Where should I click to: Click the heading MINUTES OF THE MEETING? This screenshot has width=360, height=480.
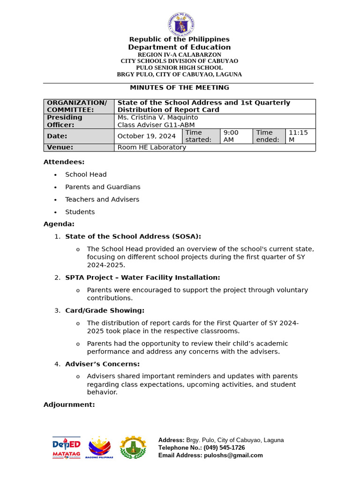180,88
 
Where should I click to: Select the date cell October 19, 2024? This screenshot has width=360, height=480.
147,136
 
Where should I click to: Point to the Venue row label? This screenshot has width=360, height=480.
79,148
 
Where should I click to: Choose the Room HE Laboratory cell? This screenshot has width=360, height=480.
151,148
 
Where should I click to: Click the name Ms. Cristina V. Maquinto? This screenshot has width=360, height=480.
157,117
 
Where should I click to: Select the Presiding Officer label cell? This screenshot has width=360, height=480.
79,121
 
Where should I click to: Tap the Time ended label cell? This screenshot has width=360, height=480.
269,136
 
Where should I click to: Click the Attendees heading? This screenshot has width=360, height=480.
64,162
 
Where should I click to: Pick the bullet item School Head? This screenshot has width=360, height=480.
86,174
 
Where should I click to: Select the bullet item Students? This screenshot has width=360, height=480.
80,212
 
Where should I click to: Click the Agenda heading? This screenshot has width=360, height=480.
59,224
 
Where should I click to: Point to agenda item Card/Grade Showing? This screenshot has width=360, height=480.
105,310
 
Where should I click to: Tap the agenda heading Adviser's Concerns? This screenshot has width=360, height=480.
102,364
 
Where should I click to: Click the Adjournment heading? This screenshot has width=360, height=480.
69,405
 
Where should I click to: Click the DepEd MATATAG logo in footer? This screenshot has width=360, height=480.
66,448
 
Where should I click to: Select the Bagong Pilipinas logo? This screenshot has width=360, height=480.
100,448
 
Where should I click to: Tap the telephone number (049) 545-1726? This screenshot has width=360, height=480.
224,448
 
